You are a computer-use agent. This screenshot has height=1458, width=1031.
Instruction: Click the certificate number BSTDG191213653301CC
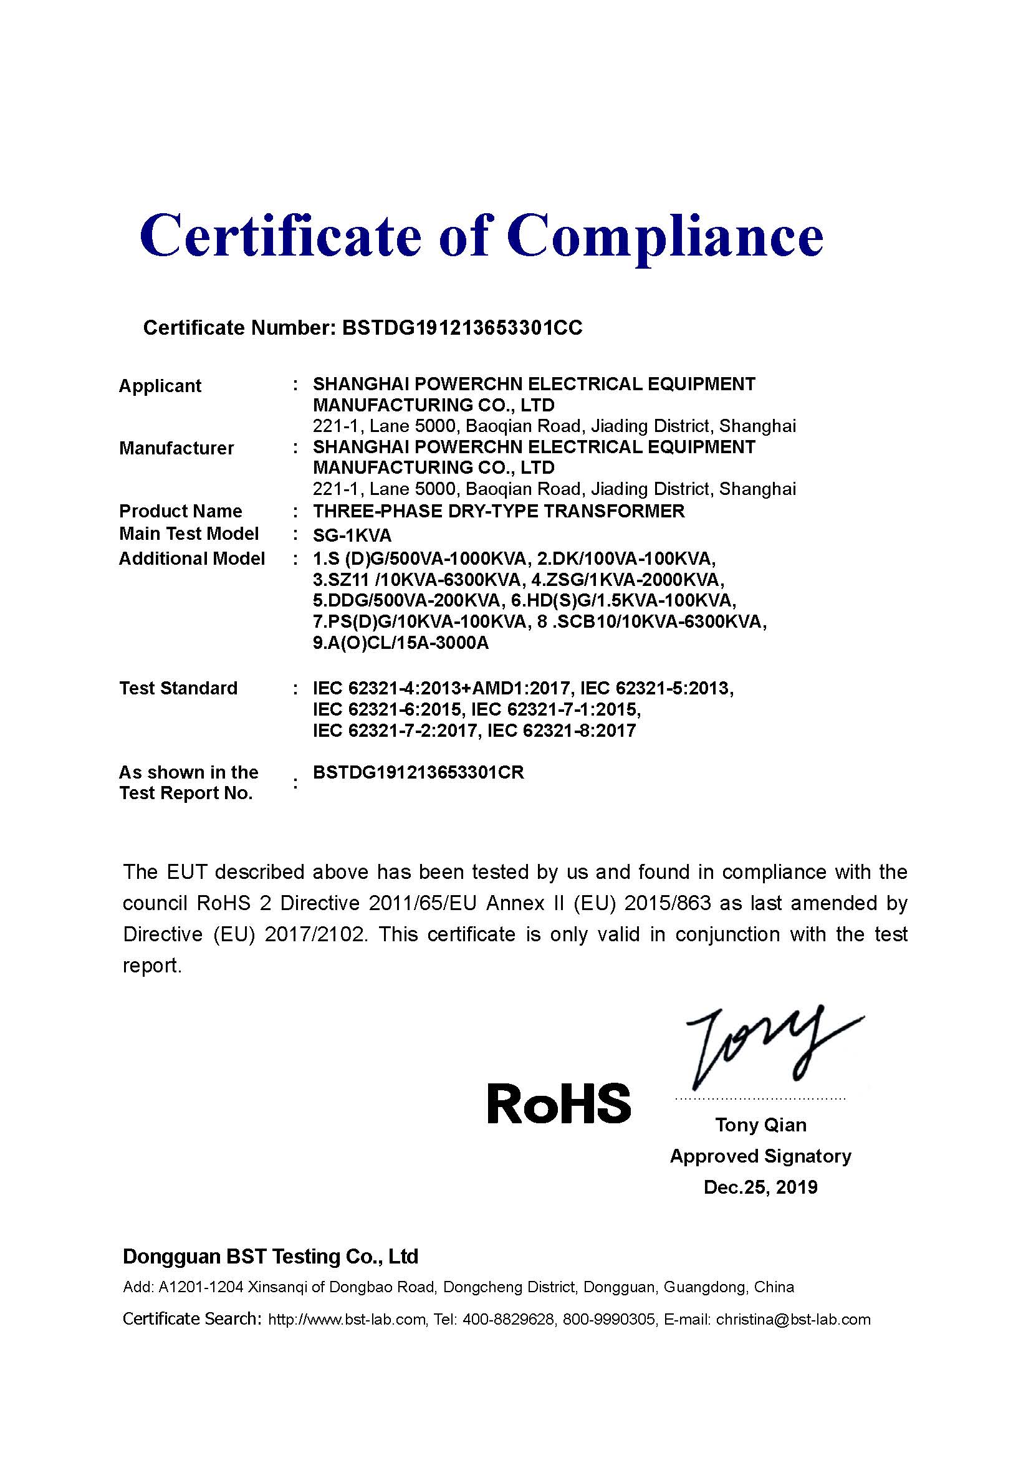click(461, 328)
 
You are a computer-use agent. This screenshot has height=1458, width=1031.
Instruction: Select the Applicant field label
click(160, 386)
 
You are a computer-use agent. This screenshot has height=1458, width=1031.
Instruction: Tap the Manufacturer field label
click(176, 448)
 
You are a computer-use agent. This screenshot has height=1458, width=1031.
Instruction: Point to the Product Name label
click(180, 511)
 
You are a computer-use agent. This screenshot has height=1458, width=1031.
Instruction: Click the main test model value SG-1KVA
click(352, 535)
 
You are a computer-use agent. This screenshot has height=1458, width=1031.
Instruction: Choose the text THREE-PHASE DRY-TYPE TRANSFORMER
click(499, 511)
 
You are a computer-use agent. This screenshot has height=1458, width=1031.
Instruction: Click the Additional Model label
click(192, 559)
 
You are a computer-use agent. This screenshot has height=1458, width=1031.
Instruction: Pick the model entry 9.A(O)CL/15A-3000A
click(401, 643)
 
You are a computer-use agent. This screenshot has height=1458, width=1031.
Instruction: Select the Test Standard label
click(178, 688)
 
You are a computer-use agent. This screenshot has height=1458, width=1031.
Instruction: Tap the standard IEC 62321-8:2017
click(561, 731)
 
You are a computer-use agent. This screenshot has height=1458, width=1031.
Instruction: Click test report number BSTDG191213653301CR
click(418, 773)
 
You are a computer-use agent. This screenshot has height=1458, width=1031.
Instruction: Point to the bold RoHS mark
click(559, 1103)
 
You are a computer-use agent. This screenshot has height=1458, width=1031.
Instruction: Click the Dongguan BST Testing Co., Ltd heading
click(271, 1257)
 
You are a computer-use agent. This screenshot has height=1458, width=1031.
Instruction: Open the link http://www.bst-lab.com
click(347, 1320)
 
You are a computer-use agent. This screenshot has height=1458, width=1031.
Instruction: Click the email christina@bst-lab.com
click(793, 1320)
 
